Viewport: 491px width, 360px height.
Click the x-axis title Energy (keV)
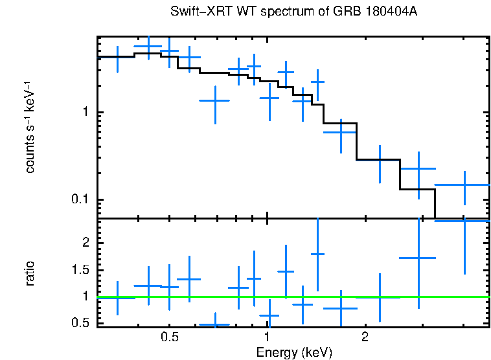point(294,352)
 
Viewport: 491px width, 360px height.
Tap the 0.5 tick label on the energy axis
point(169,337)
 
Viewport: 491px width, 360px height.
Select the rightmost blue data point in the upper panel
point(464,185)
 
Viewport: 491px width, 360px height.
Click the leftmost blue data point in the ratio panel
point(117,298)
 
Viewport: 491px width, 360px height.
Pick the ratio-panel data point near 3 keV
point(418,258)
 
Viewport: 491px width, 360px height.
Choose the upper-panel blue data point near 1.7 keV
point(341,132)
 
